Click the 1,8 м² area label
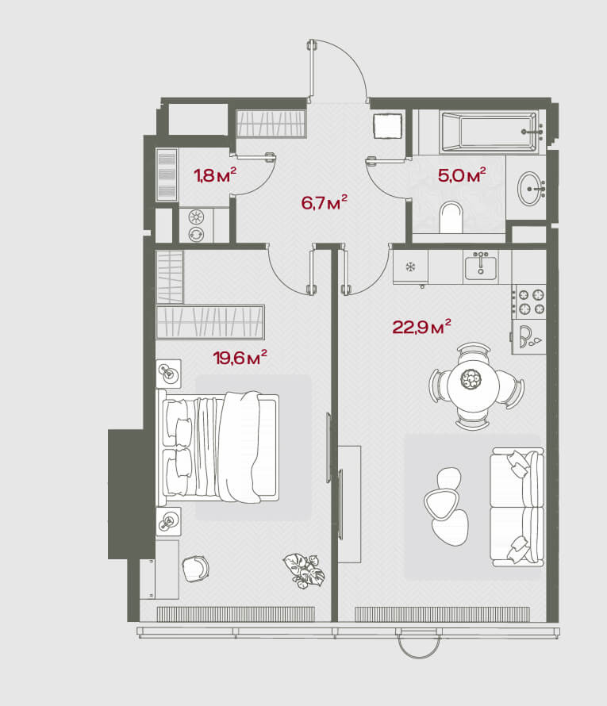click(215, 175)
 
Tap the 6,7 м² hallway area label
click(325, 202)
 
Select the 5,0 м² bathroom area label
click(462, 175)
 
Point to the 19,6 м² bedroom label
click(240, 358)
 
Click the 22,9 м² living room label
click(421, 327)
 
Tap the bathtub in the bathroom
click(490, 132)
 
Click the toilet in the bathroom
click(451, 217)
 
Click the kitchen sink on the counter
click(481, 267)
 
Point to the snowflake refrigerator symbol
click(410, 267)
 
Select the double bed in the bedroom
click(218, 447)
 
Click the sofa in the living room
click(517, 507)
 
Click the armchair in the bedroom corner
click(195, 568)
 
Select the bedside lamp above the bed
click(168, 374)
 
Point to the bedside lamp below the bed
click(168, 521)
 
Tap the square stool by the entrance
click(388, 125)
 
